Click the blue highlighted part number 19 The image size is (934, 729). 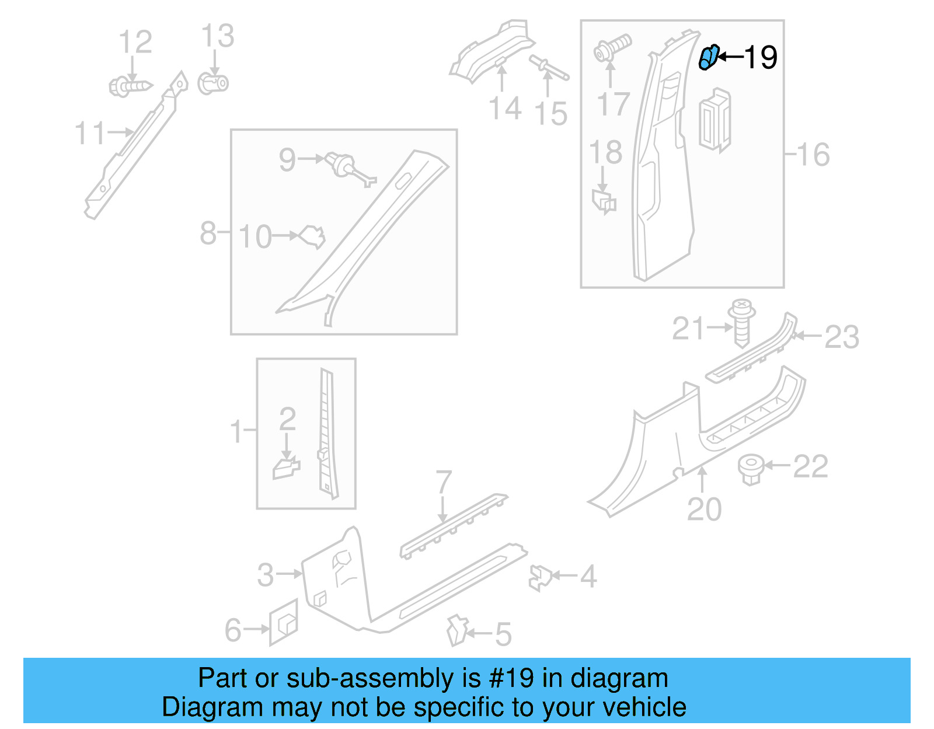click(708, 58)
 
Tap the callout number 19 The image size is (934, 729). click(760, 57)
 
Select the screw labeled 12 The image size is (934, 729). click(130, 86)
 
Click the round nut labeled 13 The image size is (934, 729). click(213, 83)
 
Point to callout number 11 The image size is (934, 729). click(90, 133)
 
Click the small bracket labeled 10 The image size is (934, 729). click(312, 236)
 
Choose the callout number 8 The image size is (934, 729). click(208, 233)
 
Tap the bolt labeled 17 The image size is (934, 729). click(612, 48)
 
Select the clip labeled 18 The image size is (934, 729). click(604, 201)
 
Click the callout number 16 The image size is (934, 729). click(813, 154)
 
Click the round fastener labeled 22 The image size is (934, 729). click(751, 468)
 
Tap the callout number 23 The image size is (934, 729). click(842, 337)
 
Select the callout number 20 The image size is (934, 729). click(704, 509)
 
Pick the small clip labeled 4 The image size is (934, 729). click(541, 577)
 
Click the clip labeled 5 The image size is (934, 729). click(456, 630)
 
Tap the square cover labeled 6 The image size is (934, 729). click(284, 622)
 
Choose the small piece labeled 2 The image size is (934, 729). click(286, 468)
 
